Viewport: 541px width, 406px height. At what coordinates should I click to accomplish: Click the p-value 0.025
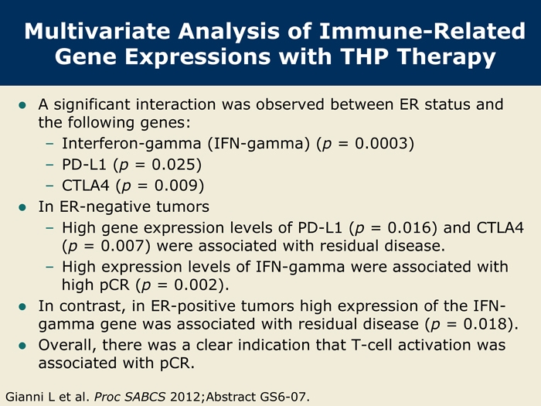tap(174, 164)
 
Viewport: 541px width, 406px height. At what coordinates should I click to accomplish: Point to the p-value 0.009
tap(176, 186)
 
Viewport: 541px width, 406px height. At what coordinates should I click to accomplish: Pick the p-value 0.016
tap(409, 228)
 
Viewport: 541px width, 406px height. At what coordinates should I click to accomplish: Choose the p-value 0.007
tap(122, 246)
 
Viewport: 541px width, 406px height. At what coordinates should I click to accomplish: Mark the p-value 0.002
tap(196, 285)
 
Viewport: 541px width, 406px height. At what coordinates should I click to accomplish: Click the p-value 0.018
tap(485, 324)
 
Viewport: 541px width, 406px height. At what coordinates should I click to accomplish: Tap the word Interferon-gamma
tap(131, 144)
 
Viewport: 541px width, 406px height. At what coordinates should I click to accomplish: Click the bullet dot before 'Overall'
tap(22, 346)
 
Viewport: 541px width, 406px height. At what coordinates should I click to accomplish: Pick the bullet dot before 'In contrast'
tap(22, 306)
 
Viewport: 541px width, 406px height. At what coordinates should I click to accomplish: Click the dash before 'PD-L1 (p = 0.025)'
tap(49, 165)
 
